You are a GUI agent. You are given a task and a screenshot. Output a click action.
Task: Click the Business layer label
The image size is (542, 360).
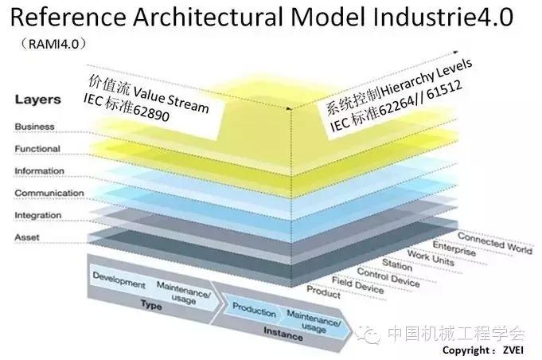(x=33, y=127)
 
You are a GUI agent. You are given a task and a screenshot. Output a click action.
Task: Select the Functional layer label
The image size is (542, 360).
(x=37, y=149)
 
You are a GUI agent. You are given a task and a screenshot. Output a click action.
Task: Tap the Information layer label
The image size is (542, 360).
(x=39, y=171)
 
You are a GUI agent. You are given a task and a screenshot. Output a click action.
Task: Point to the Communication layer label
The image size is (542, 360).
(x=49, y=193)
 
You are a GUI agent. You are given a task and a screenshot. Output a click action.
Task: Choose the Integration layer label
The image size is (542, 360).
(x=38, y=215)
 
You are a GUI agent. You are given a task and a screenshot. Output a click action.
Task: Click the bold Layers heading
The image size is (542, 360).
(x=37, y=100)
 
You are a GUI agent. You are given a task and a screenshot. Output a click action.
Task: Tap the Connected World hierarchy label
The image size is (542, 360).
(x=494, y=244)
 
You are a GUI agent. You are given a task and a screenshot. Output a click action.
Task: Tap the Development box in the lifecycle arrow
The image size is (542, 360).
(x=119, y=282)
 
